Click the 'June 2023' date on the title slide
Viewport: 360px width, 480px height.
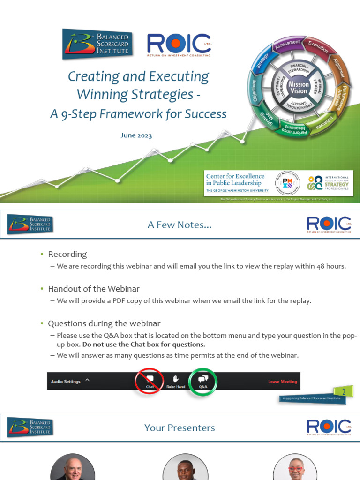[x=136, y=135]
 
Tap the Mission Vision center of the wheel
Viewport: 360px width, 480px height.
[x=299, y=88]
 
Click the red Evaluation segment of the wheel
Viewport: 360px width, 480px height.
[x=318, y=47]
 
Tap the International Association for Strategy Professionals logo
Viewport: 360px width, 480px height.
[x=328, y=183]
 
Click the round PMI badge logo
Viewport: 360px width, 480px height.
[x=287, y=183]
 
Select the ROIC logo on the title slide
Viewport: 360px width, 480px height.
[x=179, y=45]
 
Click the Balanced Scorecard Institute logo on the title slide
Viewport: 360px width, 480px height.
[x=97, y=44]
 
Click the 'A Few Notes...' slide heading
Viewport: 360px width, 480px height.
[x=180, y=225]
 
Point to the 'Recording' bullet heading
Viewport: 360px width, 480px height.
[x=67, y=254]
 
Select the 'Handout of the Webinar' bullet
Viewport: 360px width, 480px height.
[x=93, y=289]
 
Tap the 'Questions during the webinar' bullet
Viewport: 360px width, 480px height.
[x=104, y=323]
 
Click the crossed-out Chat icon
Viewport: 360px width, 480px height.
[x=150, y=381]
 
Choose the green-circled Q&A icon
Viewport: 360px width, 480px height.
[x=203, y=381]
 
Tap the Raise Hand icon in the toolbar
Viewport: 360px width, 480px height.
[x=176, y=381]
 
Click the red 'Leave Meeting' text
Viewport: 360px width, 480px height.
[x=282, y=382]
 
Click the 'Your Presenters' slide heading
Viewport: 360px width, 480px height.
[x=180, y=427]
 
